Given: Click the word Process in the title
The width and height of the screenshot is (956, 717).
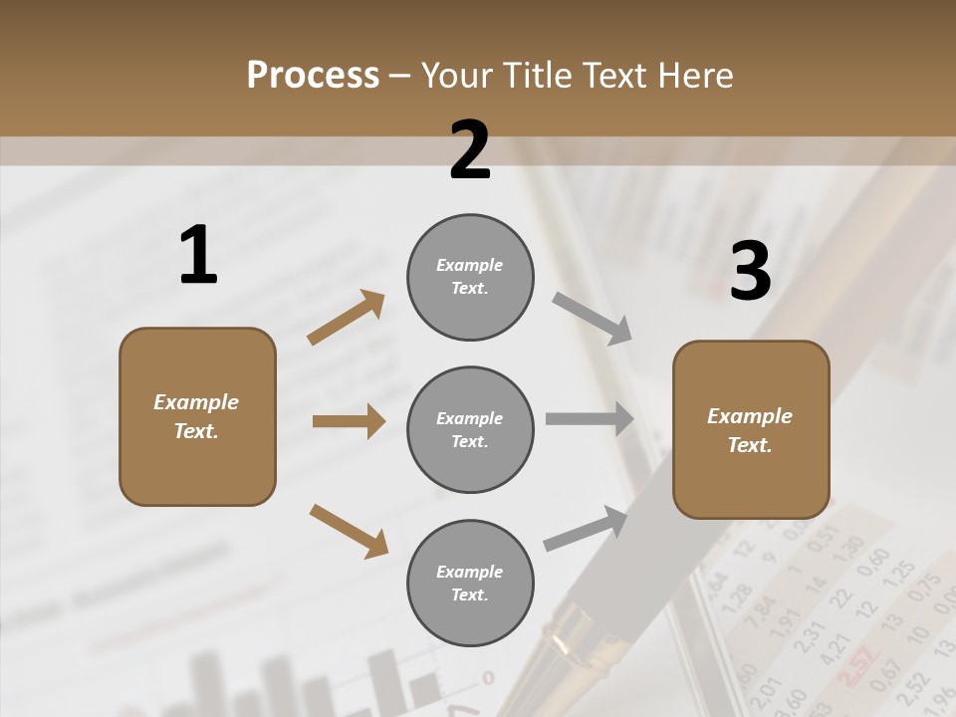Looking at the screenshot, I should [313, 75].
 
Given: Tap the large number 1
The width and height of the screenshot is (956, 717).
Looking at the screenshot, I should [198, 255].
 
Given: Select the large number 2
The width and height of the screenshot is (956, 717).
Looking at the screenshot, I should [470, 150].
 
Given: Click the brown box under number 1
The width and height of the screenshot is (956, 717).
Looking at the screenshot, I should [197, 416].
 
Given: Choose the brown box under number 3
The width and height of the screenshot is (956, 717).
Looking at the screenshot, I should [751, 429].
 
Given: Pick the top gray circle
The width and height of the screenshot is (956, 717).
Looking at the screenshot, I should [470, 277].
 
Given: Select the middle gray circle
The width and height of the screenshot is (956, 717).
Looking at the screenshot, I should [470, 429].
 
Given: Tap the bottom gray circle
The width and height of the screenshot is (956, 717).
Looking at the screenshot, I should [470, 583].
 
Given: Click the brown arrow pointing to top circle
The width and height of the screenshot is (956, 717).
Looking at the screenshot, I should [346, 318].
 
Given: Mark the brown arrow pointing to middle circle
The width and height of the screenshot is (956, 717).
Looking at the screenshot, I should [349, 421].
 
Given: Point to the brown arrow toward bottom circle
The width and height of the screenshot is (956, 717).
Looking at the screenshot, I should [349, 530].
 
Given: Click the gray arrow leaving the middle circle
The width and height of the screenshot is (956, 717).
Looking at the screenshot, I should [590, 419].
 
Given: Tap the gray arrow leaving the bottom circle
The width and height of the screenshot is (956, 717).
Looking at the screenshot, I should [586, 528].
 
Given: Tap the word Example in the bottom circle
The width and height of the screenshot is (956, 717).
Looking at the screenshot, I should [469, 572].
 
